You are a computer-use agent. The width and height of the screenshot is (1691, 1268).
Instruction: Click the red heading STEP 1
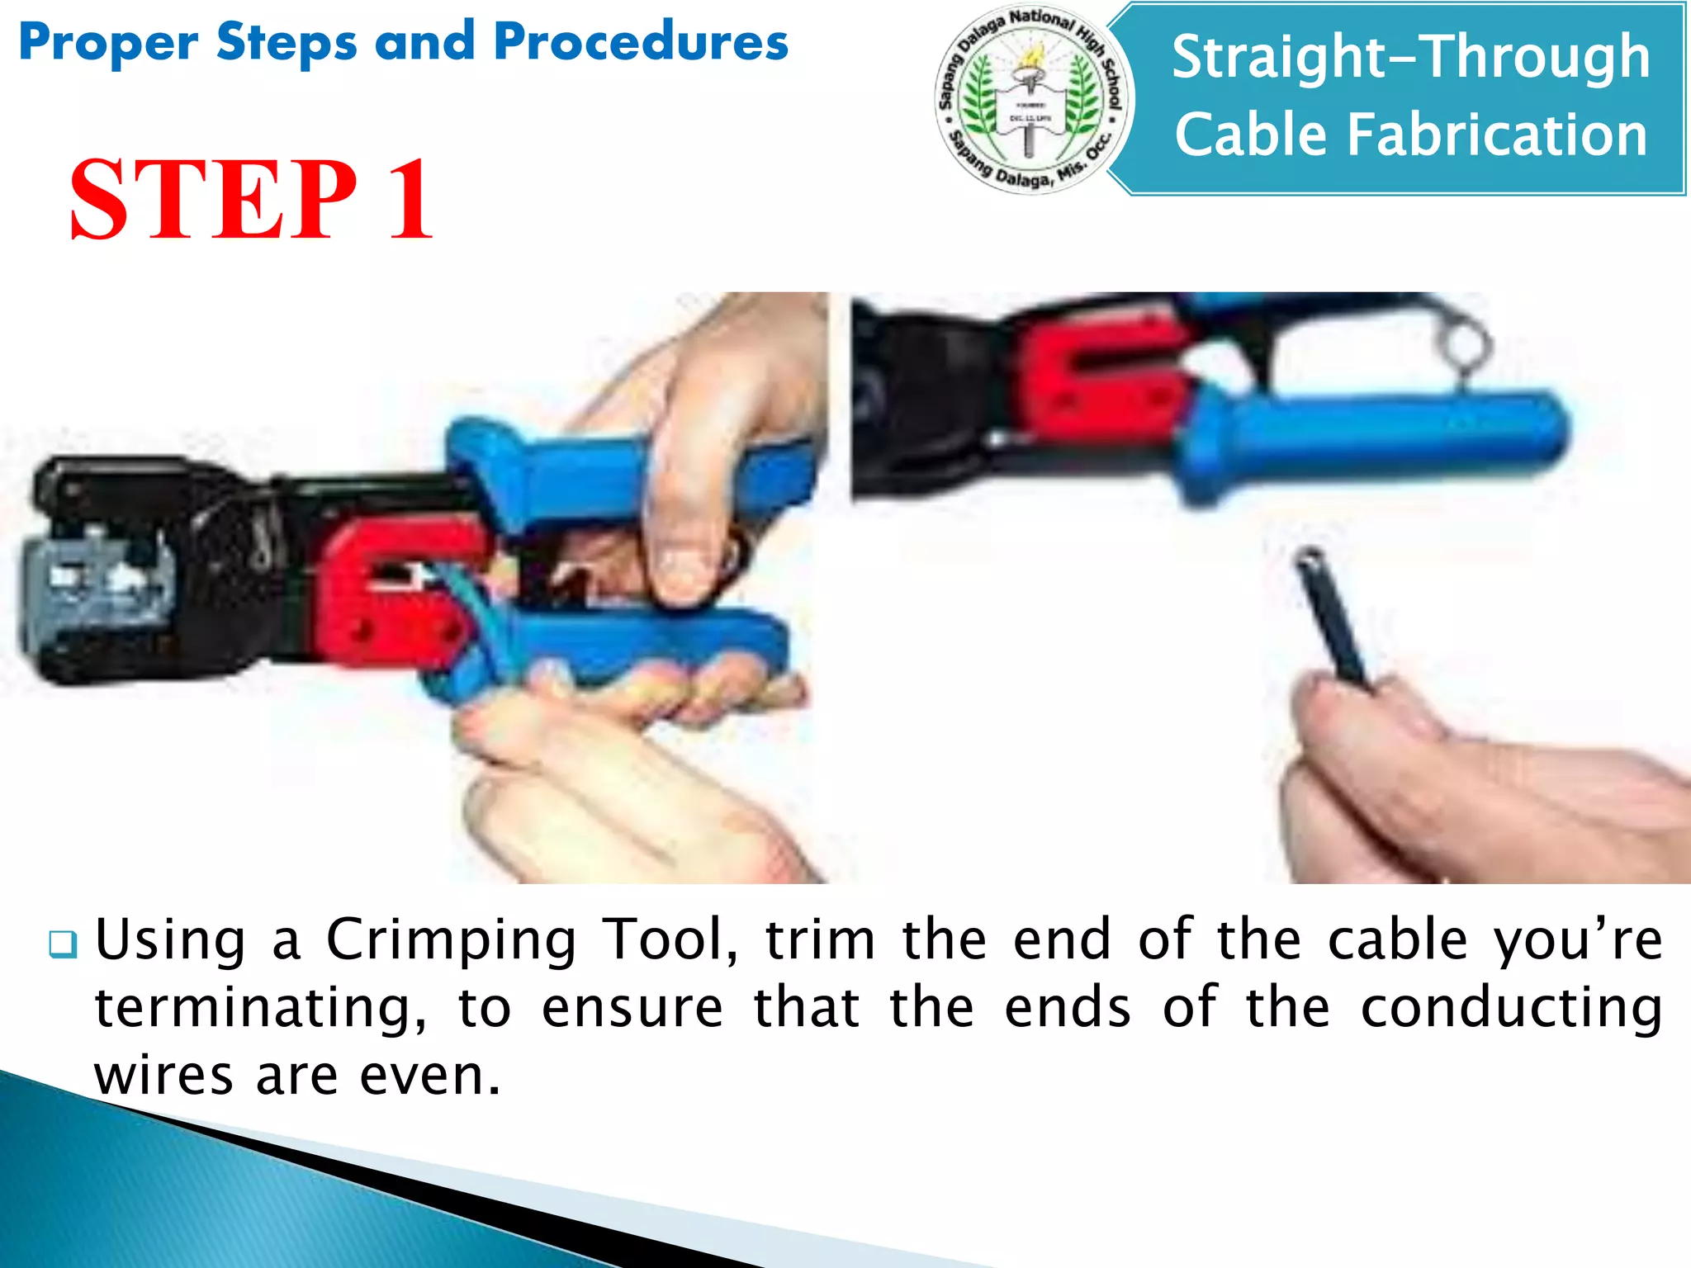tap(251, 201)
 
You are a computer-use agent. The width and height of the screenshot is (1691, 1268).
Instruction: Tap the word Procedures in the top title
tap(641, 42)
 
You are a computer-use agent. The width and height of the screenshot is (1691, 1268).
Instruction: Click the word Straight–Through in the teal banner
tap(1410, 58)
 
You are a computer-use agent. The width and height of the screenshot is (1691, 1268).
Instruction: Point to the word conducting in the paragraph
tap(1511, 1008)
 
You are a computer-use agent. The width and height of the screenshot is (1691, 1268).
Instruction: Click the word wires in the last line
tap(163, 1076)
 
